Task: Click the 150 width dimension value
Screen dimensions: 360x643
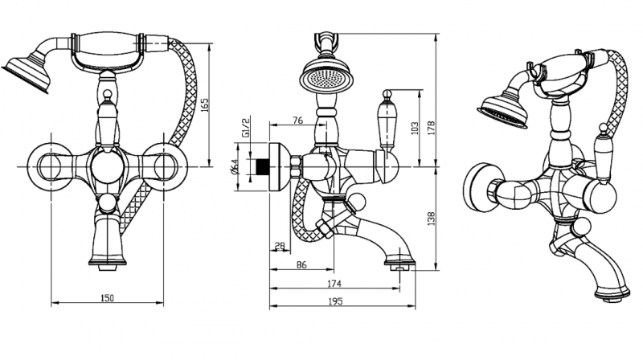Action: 108,298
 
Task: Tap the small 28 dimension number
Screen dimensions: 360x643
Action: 280,244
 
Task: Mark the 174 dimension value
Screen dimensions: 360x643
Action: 335,284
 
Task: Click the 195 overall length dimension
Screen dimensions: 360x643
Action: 335,302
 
